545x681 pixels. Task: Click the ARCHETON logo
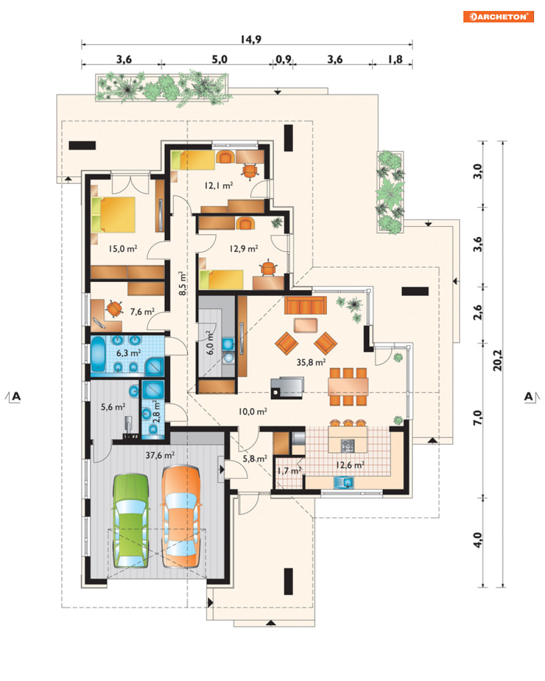coord(498,16)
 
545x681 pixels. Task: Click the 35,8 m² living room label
coord(311,362)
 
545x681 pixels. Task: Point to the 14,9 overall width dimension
coord(251,39)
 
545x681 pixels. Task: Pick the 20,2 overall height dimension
coord(497,360)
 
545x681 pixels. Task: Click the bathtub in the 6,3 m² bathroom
coord(97,354)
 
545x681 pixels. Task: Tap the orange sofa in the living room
coord(305,305)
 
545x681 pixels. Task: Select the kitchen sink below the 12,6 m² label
coord(343,483)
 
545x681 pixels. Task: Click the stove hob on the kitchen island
coord(347,446)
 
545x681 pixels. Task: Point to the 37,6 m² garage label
coord(160,455)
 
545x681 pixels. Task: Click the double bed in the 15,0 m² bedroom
coord(113,215)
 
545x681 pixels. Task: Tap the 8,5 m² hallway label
coord(183,283)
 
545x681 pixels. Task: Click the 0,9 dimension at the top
coord(283,59)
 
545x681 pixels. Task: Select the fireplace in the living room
coord(287,388)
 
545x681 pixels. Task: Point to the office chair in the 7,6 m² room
coord(114,309)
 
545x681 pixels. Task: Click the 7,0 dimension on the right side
coord(478,417)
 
